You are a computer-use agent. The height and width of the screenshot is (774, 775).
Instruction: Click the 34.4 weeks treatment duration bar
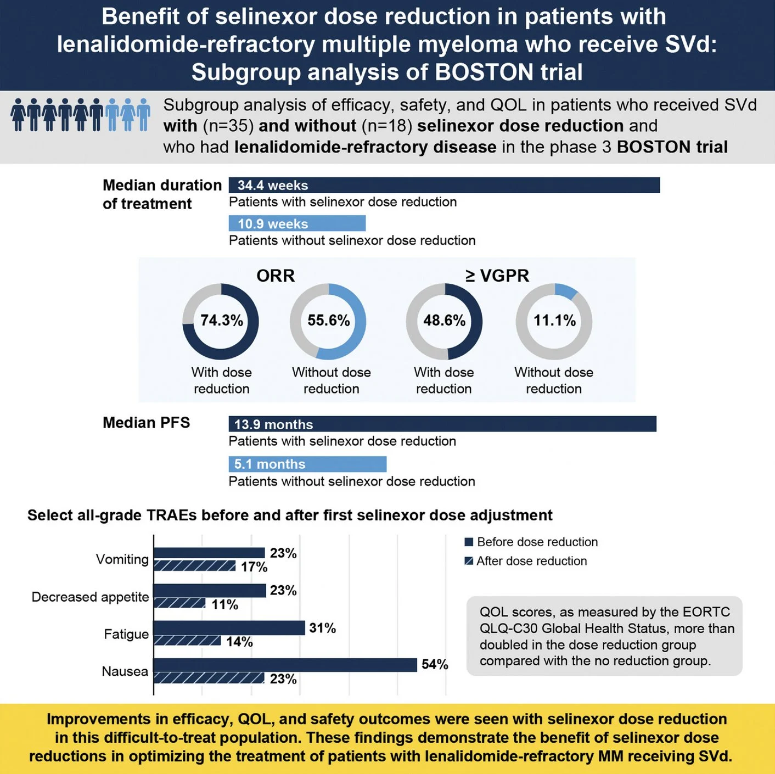[443, 185]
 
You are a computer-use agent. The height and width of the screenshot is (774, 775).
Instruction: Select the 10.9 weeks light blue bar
[297, 223]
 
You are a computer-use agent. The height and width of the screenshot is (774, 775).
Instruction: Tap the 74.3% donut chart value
[221, 321]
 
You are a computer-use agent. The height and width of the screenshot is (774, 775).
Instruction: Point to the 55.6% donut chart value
[328, 321]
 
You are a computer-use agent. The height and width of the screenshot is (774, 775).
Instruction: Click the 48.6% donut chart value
[444, 321]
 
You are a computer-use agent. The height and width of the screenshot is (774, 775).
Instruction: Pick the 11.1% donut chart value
[554, 321]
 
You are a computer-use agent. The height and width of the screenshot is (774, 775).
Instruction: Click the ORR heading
[276, 276]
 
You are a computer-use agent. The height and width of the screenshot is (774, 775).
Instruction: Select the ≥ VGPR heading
[497, 276]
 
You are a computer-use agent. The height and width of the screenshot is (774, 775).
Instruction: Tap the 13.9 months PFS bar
[442, 424]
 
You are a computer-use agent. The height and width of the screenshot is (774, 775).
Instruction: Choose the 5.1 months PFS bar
[307, 464]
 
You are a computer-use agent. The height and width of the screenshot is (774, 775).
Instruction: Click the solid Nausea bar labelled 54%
[285, 665]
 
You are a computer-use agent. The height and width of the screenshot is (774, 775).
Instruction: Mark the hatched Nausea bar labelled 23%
[209, 678]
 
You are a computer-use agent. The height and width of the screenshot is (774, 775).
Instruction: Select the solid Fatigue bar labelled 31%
[229, 627]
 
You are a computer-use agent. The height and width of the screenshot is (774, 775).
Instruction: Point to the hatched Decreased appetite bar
[179, 603]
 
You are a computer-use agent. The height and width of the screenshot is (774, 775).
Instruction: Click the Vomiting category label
[122, 559]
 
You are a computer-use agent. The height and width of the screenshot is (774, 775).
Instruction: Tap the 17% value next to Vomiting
[254, 567]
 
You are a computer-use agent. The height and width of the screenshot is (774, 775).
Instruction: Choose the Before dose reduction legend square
[469, 542]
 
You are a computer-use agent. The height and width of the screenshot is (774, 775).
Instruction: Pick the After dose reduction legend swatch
[469, 561]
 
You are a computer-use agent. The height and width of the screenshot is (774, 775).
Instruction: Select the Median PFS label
[146, 423]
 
